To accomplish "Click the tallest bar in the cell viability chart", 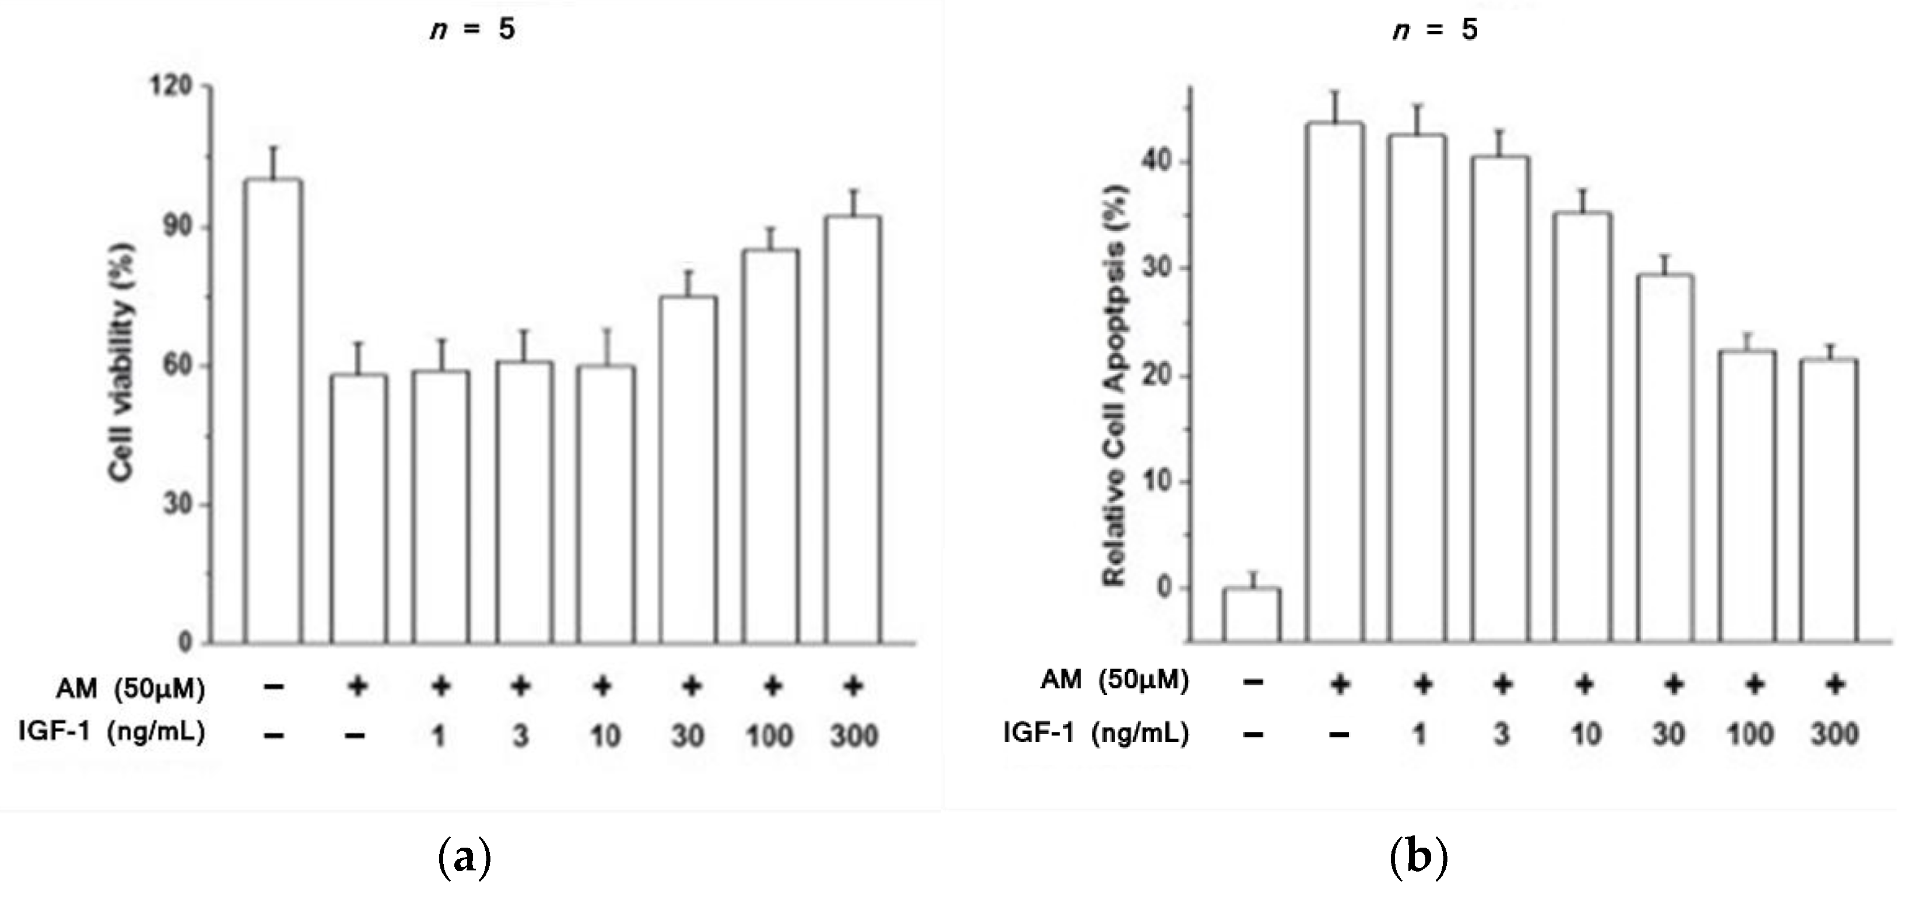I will pyautogui.click(x=273, y=410).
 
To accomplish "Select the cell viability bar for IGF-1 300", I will pyautogui.click(x=853, y=429).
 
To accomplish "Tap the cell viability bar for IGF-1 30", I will pyautogui.click(x=688, y=469).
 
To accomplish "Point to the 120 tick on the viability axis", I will pyautogui.click(x=171, y=87).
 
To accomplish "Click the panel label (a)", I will pyautogui.click(x=465, y=858).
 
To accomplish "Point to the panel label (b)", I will pyautogui.click(x=1418, y=858).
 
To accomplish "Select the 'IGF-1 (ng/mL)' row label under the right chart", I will pyautogui.click(x=1096, y=734).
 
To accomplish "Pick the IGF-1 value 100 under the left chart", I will pyautogui.click(x=770, y=736).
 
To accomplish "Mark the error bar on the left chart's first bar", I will pyautogui.click(x=273, y=163).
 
